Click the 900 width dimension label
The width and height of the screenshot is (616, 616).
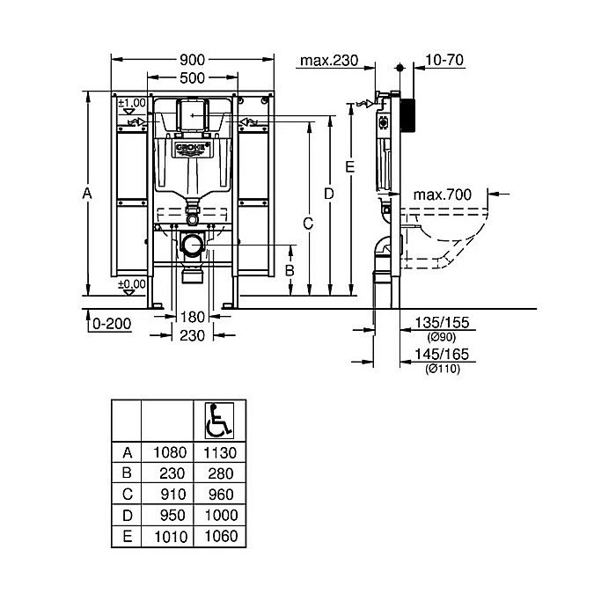tap(192, 60)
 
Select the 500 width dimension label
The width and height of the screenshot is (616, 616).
tap(192, 77)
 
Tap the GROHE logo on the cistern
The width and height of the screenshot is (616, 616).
tap(193, 143)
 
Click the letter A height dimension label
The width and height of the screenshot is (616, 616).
tap(86, 193)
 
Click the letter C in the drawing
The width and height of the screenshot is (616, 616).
tap(308, 224)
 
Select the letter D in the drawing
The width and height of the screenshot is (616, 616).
tap(328, 193)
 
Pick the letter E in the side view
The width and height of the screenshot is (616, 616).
tap(349, 167)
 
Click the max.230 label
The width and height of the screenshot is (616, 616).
tap(328, 61)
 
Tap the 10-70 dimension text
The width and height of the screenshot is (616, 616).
tap(444, 61)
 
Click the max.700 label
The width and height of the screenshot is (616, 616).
tap(443, 194)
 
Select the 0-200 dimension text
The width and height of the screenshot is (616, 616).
tap(111, 324)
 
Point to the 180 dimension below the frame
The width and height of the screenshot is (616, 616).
tap(192, 318)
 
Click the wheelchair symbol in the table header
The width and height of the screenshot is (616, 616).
tap(218, 421)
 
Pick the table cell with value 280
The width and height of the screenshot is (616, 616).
tap(218, 473)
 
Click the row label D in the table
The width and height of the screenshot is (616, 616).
tap(128, 515)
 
